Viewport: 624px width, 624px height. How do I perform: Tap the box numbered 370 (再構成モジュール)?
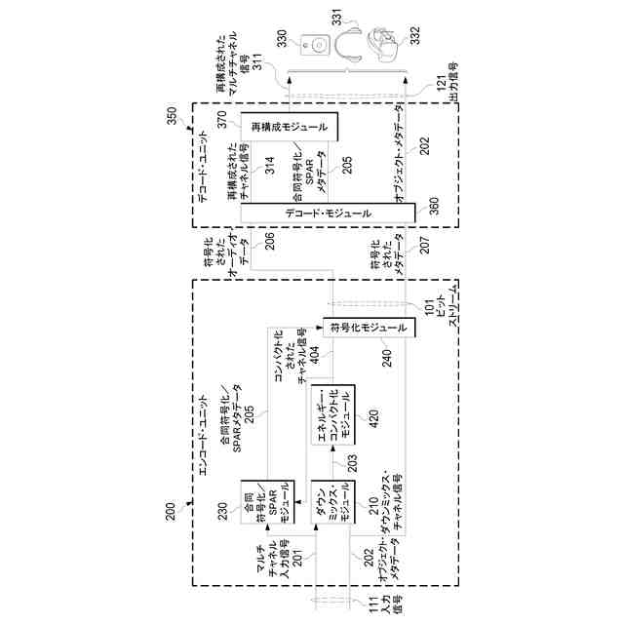289,126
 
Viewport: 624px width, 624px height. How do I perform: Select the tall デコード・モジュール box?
328,212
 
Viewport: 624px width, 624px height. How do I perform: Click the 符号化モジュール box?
369,328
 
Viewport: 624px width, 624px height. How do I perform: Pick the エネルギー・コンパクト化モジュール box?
332,414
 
